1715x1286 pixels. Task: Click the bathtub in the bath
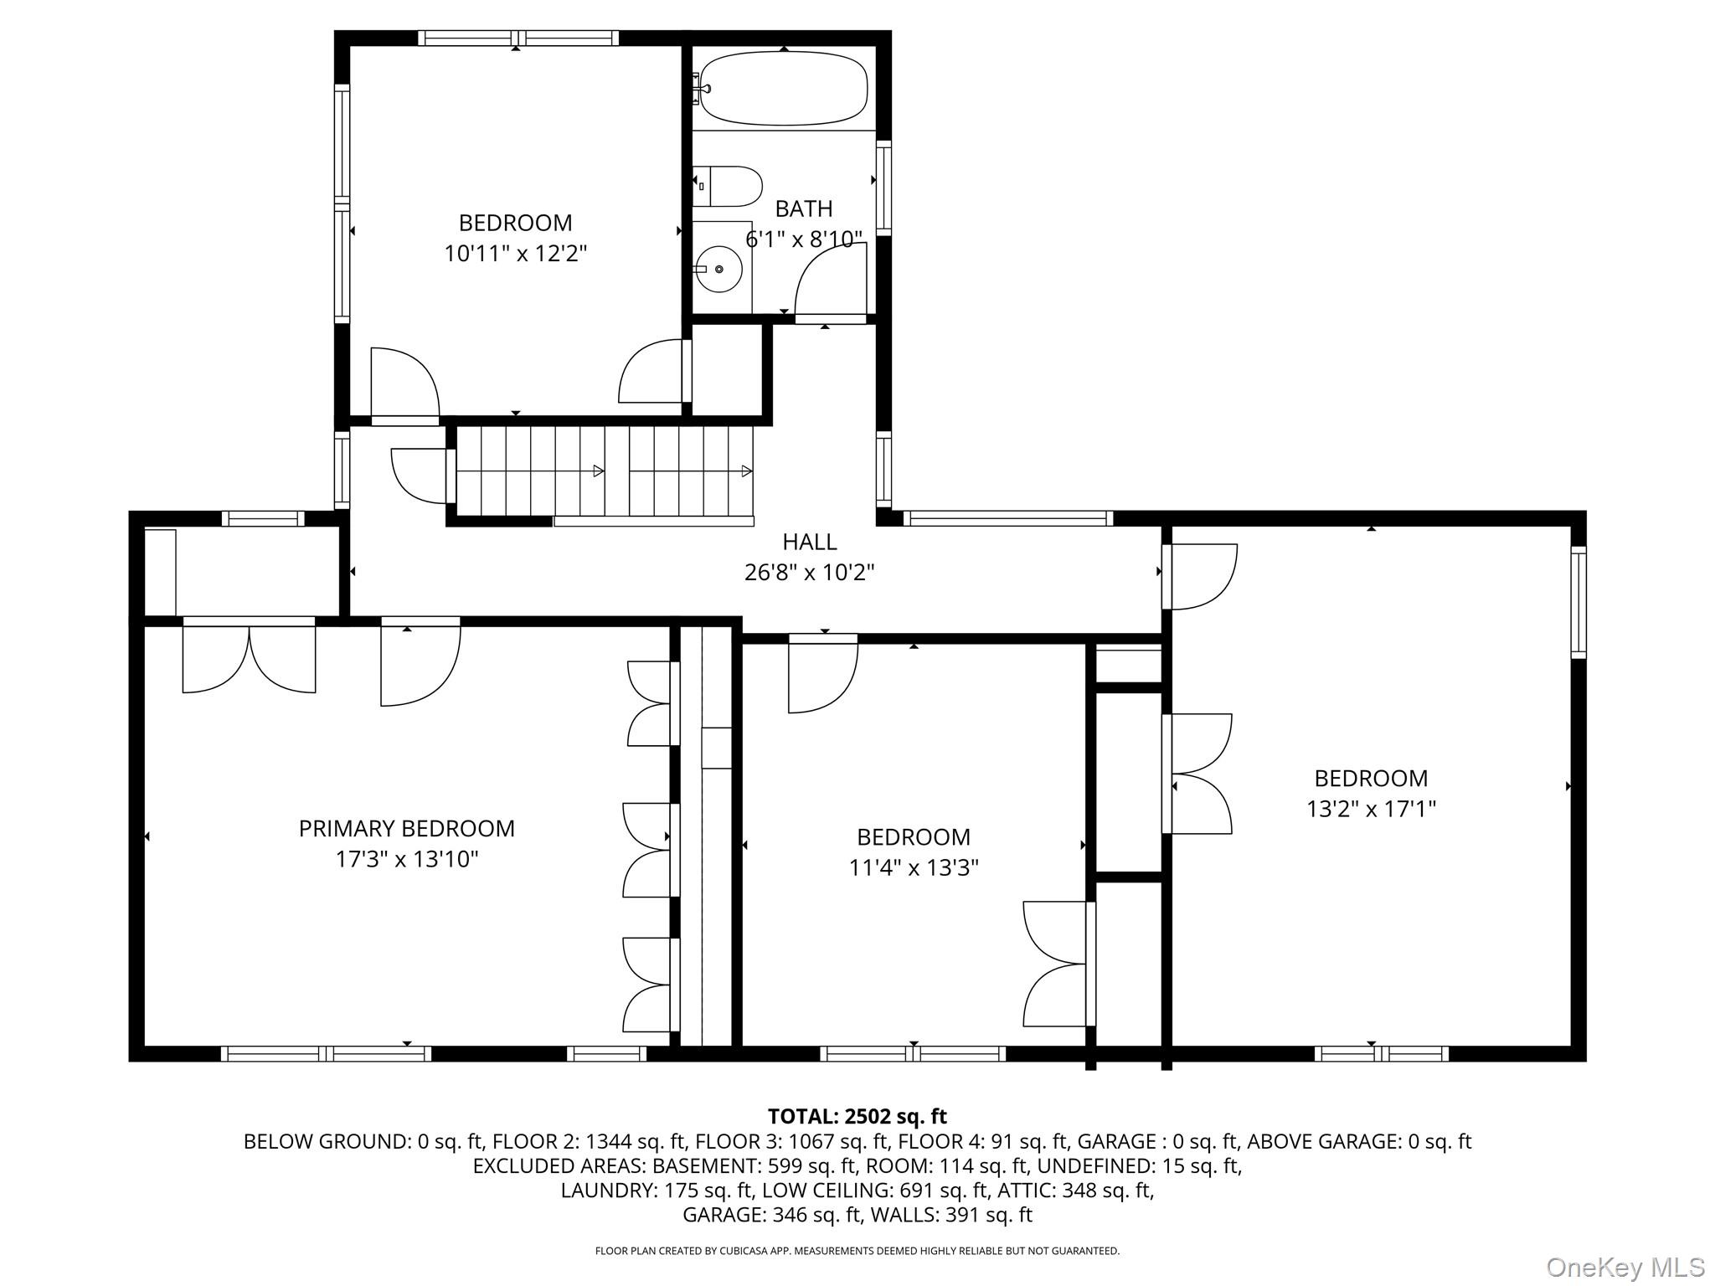coord(783,88)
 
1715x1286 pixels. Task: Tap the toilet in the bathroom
coord(728,186)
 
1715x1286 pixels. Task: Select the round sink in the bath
coord(719,269)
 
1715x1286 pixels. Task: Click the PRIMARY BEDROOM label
coord(407,828)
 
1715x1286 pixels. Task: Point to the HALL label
coord(810,542)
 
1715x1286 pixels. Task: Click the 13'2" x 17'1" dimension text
coord(1372,809)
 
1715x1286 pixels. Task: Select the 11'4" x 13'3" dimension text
coord(914,867)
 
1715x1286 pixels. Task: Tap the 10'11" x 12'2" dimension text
coord(516,253)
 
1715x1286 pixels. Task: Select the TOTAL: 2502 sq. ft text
coord(857,1116)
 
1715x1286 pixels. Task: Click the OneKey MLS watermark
coord(1625,1267)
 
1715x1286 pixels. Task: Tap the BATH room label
coord(804,208)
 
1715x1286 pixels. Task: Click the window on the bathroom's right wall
coord(883,188)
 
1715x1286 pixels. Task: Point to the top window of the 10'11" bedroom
coord(518,38)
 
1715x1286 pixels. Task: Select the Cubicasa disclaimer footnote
coord(857,1251)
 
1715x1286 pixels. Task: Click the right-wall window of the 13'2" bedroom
coord(1579,602)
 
